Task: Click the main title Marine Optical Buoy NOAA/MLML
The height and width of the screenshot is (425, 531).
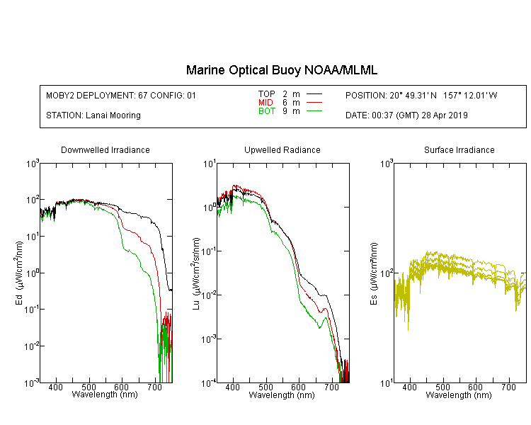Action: click(x=282, y=70)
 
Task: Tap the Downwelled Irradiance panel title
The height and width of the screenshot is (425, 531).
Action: click(x=105, y=149)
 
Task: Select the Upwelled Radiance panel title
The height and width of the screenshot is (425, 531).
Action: click(x=282, y=149)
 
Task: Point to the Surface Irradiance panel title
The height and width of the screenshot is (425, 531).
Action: click(x=459, y=149)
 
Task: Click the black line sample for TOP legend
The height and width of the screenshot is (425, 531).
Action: click(x=314, y=94)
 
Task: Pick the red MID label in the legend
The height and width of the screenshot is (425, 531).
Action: click(x=265, y=102)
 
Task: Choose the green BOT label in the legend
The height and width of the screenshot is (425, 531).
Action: click(x=266, y=111)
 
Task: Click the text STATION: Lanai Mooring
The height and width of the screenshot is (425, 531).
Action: click(x=93, y=115)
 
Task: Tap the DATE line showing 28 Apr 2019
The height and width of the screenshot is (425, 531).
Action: click(x=406, y=115)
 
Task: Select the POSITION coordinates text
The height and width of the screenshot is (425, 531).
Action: click(x=421, y=96)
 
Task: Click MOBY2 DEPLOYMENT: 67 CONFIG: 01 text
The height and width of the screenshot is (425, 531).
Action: click(x=121, y=96)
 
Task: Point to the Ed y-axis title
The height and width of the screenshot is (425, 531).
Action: click(x=19, y=273)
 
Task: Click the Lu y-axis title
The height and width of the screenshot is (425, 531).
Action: click(x=196, y=273)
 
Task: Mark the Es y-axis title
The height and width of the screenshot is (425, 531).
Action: click(x=373, y=273)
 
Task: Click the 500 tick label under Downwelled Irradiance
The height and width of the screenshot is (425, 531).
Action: click(x=88, y=387)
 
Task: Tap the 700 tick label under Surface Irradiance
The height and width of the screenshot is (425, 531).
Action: click(x=508, y=387)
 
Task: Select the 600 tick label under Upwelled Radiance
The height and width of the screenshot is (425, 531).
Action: click(x=298, y=387)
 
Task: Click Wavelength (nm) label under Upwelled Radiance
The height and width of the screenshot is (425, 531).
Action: click(x=282, y=395)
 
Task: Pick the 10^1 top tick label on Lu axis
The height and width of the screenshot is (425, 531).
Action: click(x=209, y=164)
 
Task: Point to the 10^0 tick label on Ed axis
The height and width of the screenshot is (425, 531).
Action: click(x=32, y=273)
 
